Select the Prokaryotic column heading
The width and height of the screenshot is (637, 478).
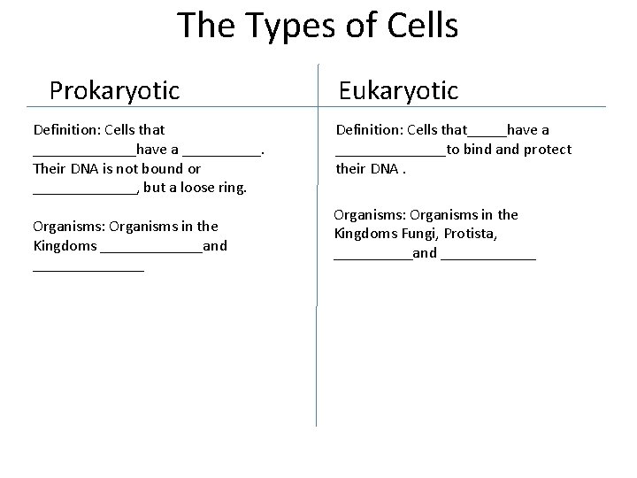click(114, 90)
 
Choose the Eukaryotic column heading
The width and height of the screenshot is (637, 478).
click(399, 90)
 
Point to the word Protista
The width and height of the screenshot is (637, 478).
click(471, 234)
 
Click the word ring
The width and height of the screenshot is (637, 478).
click(232, 188)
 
